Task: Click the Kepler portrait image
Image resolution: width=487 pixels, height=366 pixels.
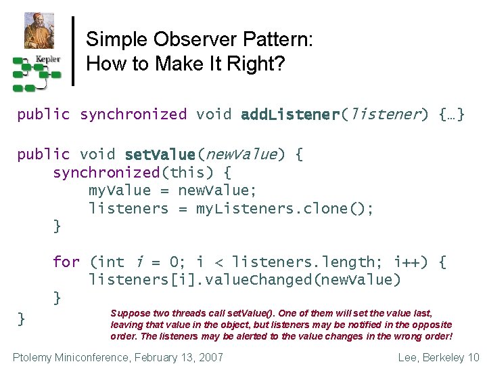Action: pyautogui.click(x=39, y=30)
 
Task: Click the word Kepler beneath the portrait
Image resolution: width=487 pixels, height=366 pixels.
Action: pyautogui.click(x=48, y=59)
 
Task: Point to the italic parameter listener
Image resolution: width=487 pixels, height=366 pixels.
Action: pyautogui.click(x=384, y=114)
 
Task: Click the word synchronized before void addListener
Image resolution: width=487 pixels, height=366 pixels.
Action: pyautogui.click(x=133, y=114)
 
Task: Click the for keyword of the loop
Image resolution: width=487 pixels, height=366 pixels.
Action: pyautogui.click(x=66, y=262)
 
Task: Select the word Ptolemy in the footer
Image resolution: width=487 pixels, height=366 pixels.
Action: pyautogui.click(x=35, y=357)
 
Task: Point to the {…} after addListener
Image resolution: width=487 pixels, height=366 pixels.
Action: pyautogui.click(x=451, y=114)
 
